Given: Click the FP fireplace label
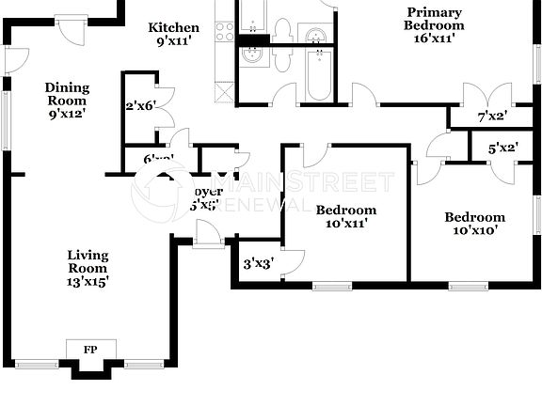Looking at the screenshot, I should (90, 350).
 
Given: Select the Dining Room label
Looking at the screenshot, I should (66, 94).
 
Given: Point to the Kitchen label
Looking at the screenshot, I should (174, 28).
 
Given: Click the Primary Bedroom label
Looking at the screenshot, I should (435, 19).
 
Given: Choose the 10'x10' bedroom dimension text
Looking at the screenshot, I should (474, 229).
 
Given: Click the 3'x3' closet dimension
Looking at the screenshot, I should (259, 265).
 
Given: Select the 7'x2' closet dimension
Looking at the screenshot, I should (492, 117).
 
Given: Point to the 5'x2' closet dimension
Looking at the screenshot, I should (503, 148).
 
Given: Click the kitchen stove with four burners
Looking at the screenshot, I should (225, 32).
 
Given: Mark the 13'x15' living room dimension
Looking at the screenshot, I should (88, 281).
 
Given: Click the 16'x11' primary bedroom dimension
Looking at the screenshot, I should (435, 39).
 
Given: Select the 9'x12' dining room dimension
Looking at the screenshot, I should (66, 114).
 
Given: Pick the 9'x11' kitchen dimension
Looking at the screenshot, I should (174, 41).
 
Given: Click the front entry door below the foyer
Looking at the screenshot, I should (201, 243).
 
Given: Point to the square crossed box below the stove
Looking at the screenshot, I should (224, 92).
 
